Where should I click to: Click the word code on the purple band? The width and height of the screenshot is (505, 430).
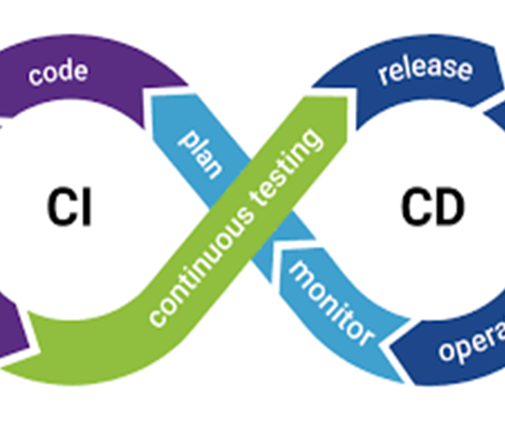click(58, 73)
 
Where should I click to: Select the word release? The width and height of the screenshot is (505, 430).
click(425, 70)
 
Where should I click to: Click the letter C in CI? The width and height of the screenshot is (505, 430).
click(60, 207)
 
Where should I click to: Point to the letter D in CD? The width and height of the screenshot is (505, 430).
click(449, 207)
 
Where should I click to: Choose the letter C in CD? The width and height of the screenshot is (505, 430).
click(416, 207)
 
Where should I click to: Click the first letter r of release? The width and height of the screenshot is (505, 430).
click(382, 77)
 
